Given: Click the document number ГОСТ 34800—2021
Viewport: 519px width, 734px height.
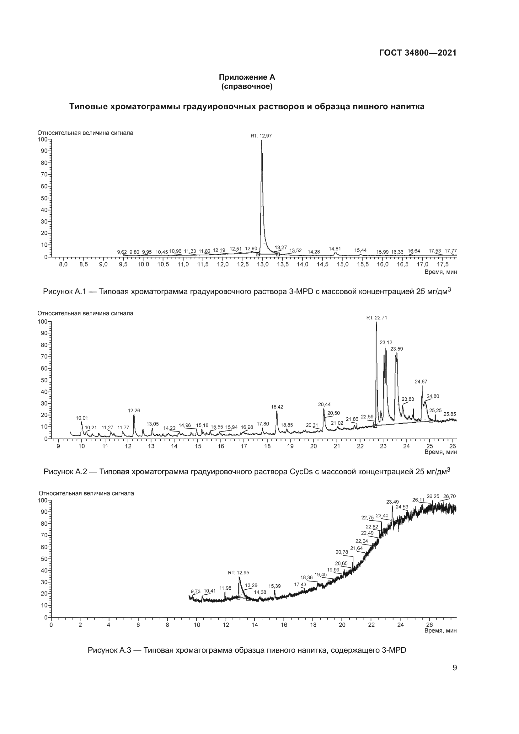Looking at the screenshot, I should [x=418, y=53].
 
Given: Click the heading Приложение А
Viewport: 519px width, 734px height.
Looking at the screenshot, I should [x=247, y=78].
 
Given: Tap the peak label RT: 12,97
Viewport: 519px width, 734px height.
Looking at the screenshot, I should [x=261, y=136].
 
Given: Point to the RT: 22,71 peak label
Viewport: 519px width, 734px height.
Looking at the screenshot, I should [x=377, y=318].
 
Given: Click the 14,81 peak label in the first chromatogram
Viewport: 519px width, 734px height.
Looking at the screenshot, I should [x=334, y=249].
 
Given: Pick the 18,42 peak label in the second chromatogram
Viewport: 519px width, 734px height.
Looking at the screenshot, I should [x=277, y=407].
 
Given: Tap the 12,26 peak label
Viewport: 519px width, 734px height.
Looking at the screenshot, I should [x=134, y=410].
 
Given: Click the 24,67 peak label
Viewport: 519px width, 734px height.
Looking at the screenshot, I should [x=421, y=381].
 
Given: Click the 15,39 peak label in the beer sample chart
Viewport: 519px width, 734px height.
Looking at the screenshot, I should [x=275, y=586].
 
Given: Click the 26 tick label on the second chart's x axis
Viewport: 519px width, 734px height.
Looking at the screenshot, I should [x=452, y=446].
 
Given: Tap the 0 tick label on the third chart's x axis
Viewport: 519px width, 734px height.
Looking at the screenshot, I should [x=51, y=625].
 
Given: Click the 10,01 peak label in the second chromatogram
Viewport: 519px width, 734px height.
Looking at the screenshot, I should [x=82, y=418].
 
